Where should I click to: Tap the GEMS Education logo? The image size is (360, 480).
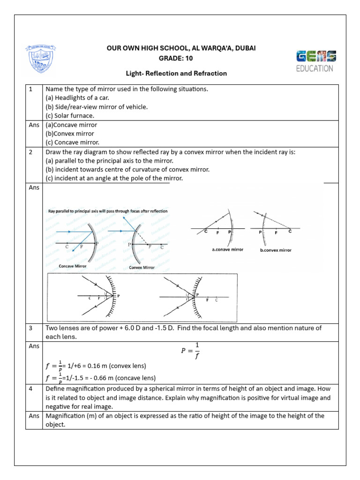click(315, 61)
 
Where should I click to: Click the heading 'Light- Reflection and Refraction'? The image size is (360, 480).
click(176, 74)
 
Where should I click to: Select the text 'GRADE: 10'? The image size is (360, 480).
click(176, 58)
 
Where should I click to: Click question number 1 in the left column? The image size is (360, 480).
click(31, 89)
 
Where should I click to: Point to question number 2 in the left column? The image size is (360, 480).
click(31, 152)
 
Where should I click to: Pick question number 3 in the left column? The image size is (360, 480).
click(31, 328)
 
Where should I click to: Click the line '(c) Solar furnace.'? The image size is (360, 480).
click(70, 115)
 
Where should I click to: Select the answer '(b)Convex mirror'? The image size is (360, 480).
click(70, 134)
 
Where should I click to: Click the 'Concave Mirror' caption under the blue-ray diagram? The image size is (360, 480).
click(73, 266)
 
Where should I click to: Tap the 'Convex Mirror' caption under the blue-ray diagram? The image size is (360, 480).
click(142, 268)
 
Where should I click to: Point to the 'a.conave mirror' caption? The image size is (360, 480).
click(228, 250)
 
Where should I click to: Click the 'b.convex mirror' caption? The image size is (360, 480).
click(276, 250)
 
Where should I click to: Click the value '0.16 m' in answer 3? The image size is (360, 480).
click(97, 366)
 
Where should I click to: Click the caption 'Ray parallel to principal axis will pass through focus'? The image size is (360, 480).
click(108, 211)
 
